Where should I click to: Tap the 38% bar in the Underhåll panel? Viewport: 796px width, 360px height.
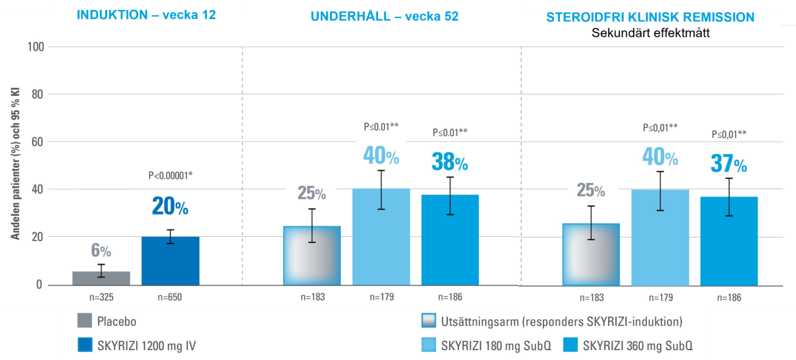click(x=450, y=240)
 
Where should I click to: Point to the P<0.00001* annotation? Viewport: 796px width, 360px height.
click(x=170, y=175)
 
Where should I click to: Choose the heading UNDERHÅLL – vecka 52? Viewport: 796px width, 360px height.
click(x=384, y=16)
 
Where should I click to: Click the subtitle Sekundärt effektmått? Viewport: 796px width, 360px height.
click(x=650, y=32)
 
